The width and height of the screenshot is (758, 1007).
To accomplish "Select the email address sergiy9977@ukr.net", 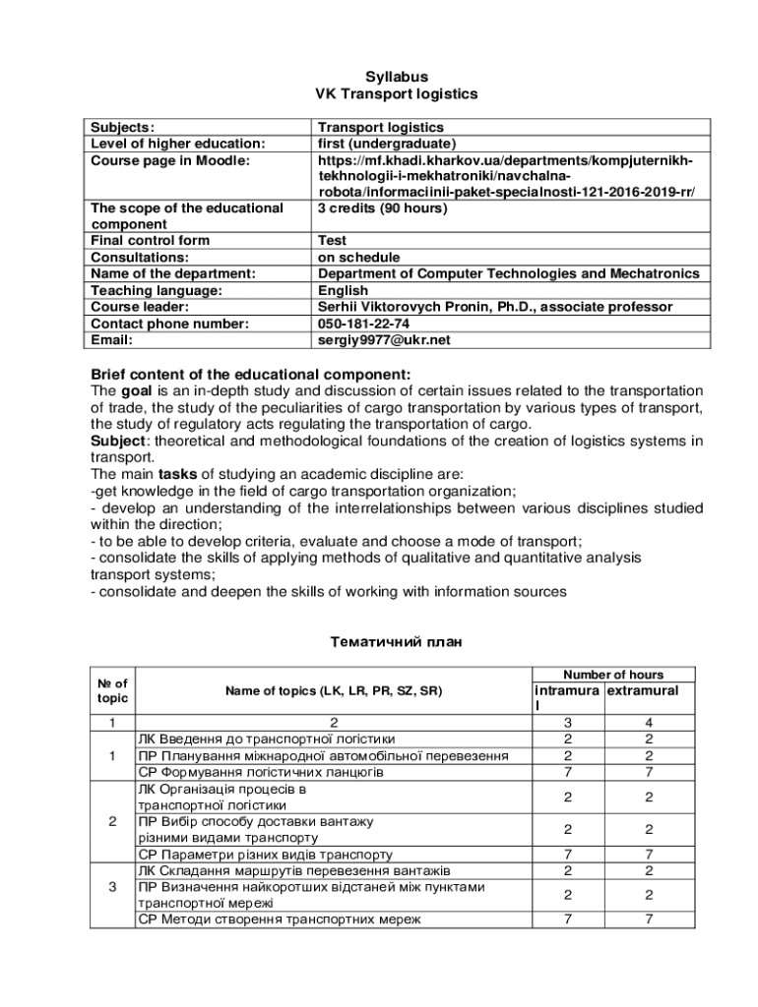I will [x=383, y=340].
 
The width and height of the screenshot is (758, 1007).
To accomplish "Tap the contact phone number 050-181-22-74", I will [x=363, y=324].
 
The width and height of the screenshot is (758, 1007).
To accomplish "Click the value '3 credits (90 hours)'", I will [x=382, y=208].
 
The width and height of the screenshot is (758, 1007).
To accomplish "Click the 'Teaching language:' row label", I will [x=157, y=290].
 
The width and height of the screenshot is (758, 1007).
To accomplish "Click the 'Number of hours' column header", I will [x=612, y=675].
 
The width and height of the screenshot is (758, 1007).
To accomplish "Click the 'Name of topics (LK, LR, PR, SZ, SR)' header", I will [x=334, y=691].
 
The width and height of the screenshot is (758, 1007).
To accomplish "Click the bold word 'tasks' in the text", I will [x=178, y=473].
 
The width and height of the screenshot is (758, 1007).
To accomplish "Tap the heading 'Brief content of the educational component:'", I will [x=250, y=374].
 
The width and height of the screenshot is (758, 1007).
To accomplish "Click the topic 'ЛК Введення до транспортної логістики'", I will [x=267, y=740].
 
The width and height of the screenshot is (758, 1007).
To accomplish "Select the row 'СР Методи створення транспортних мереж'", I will [x=279, y=919].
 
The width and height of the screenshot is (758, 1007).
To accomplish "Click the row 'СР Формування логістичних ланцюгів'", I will [x=260, y=772].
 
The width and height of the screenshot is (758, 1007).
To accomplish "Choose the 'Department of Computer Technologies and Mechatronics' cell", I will [x=508, y=273].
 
